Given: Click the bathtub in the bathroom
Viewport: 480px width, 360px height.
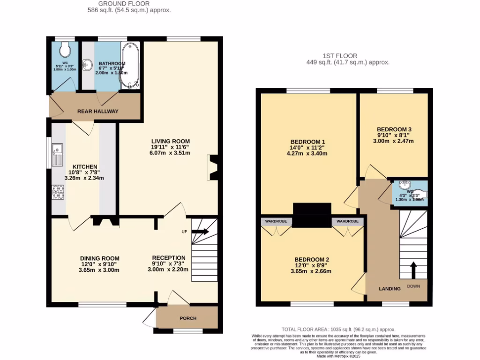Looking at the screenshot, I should coord(128,66).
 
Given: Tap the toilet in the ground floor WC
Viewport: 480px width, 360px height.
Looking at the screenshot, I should coord(65,48).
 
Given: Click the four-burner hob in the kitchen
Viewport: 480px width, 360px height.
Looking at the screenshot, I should coord(58,192).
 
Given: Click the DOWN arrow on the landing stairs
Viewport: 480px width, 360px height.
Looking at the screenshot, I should coord(413,270).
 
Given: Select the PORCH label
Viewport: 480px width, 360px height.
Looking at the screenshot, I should coord(188,318).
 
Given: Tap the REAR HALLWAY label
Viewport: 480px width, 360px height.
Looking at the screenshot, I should coord(98,111).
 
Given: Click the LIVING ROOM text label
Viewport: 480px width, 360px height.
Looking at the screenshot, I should coord(170,141).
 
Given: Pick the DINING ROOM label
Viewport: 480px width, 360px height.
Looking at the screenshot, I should coord(99,258).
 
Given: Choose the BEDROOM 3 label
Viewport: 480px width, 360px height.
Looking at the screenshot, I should coord(394,129).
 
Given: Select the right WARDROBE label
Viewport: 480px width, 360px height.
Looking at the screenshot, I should coord(347,221).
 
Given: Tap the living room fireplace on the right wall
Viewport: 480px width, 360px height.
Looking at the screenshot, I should coord(211,168).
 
